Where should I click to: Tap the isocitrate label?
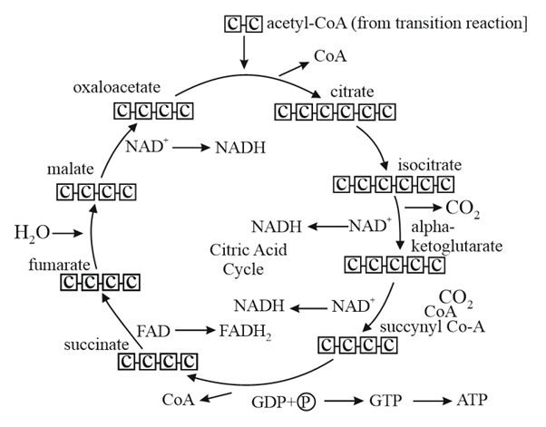coord(428,166)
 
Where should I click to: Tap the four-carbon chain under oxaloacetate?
coord(153,112)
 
